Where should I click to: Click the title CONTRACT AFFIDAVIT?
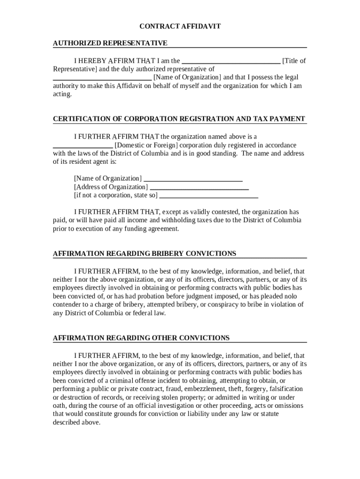tap(180, 27)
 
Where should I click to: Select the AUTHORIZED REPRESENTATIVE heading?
tap(110, 43)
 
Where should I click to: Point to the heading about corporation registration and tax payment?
tap(179, 119)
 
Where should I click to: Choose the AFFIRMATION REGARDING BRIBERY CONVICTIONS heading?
tap(144, 254)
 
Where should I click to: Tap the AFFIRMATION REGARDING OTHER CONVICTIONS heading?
tap(141, 338)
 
